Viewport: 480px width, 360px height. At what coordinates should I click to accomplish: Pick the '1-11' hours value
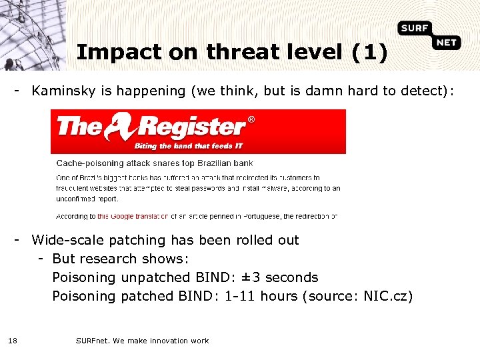[239, 296]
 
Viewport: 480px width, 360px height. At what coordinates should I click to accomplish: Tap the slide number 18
[13, 341]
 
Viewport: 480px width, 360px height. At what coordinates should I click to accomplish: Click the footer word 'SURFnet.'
[93, 341]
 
